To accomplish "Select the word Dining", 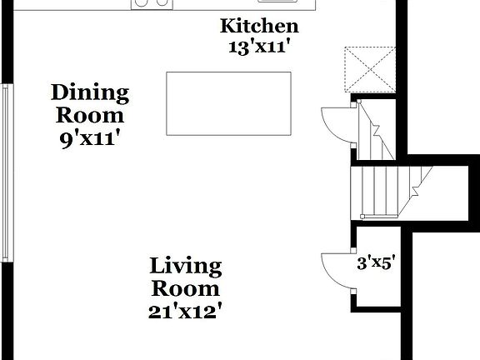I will click(90, 92).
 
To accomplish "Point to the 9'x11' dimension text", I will click(90, 138).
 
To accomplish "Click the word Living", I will click(185, 267).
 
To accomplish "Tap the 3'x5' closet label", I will click(376, 264).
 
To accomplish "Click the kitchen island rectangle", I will click(228, 102).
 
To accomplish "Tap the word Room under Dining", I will click(90, 115).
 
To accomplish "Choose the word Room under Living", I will click(185, 289).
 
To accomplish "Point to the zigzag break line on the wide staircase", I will click(421, 179).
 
